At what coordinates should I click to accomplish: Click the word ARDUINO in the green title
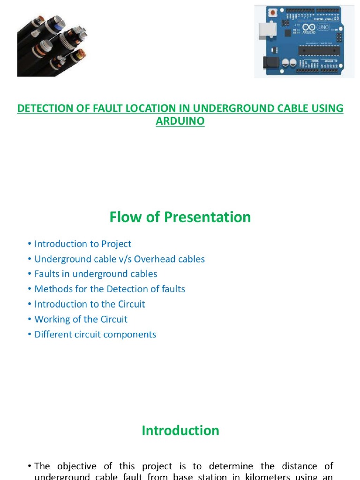pyautogui.click(x=180, y=120)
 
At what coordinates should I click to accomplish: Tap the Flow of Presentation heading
pyautogui.click(x=180, y=217)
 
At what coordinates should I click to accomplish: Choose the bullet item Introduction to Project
pyautogui.click(x=83, y=244)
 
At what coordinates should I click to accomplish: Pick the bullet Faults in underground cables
pyautogui.click(x=96, y=274)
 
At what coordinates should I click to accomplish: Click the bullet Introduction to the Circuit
pyautogui.click(x=90, y=304)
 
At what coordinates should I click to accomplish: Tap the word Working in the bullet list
pyautogui.click(x=52, y=319)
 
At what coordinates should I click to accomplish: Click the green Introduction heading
pyautogui.click(x=180, y=431)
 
